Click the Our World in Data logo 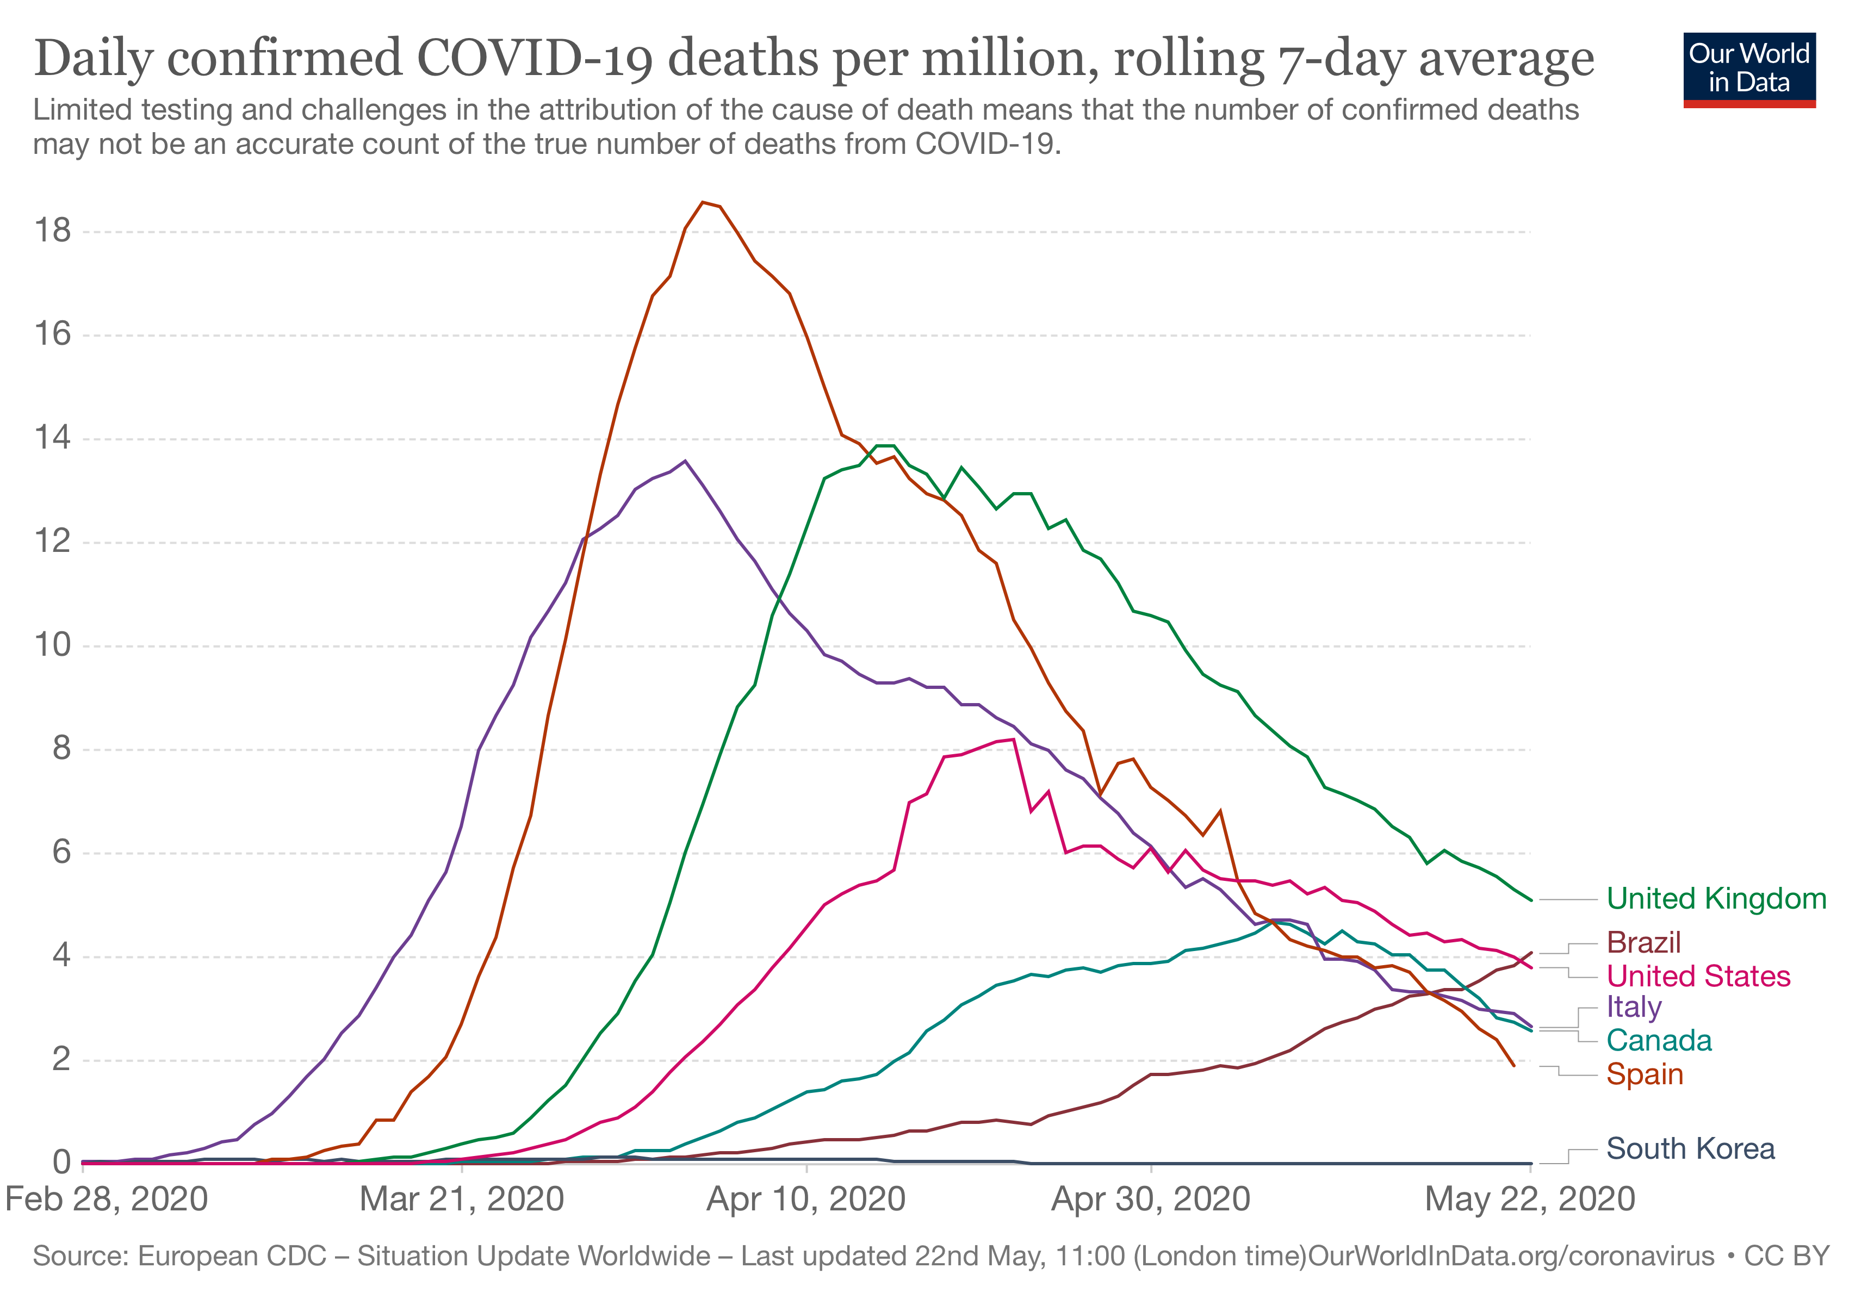coord(1749,69)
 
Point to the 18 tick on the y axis coord(52,232)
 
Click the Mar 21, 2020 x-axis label coord(462,1199)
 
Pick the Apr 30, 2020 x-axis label coord(1150,1199)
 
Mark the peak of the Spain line coord(703,202)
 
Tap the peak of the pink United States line coord(1013,739)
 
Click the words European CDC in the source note coord(232,1256)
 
